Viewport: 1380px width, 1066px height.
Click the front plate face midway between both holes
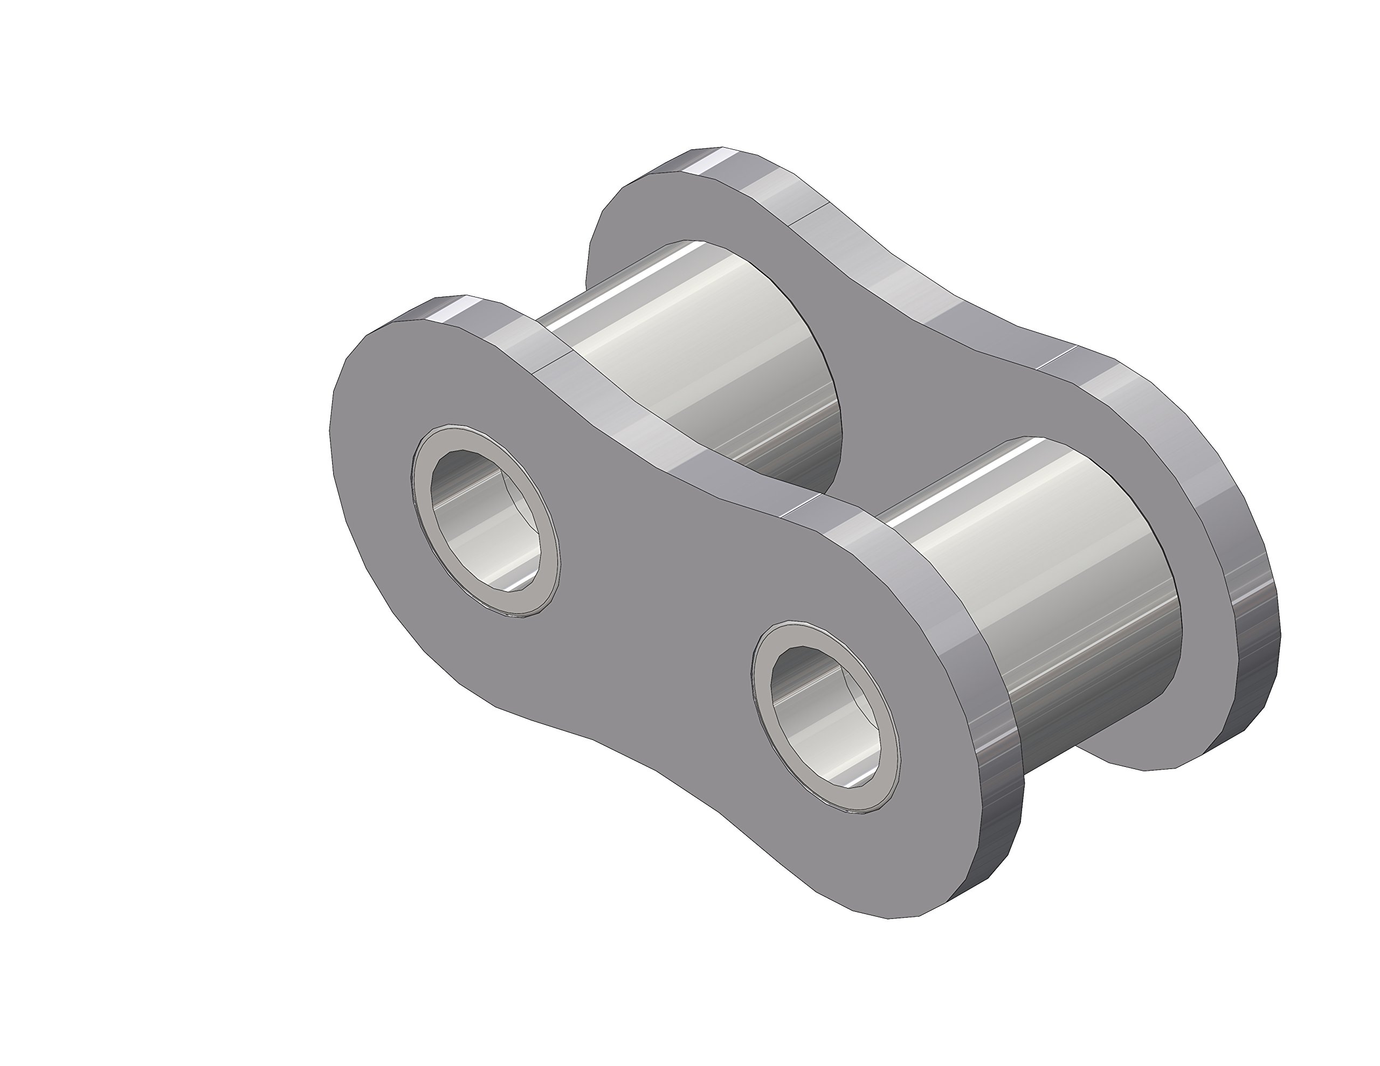(x=651, y=607)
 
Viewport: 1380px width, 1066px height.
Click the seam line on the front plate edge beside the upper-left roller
(x=554, y=360)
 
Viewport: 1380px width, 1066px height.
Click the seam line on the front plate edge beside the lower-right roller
(x=800, y=506)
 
